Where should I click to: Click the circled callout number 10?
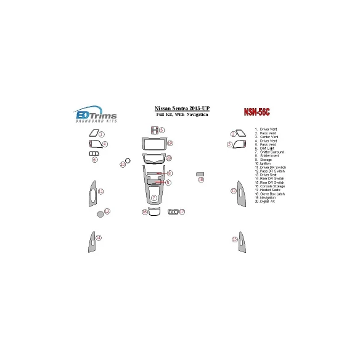point(122,165)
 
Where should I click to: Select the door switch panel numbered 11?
point(93,193)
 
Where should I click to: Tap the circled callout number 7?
point(153,198)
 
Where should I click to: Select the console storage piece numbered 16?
point(154,212)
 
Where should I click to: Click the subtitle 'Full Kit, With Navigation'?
point(181,115)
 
